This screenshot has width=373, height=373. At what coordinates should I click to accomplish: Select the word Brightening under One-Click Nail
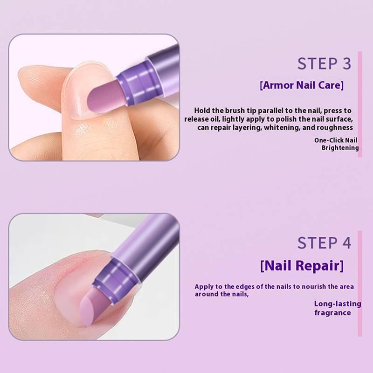(x=340, y=148)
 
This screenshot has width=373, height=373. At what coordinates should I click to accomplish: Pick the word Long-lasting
(x=338, y=304)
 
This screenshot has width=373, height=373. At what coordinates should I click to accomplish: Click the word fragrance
(x=332, y=312)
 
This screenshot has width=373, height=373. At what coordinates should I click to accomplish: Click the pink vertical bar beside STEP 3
(x=359, y=104)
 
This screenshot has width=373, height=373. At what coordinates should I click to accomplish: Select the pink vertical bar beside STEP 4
(x=359, y=283)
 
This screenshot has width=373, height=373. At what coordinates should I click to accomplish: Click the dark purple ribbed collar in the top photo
(x=133, y=84)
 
